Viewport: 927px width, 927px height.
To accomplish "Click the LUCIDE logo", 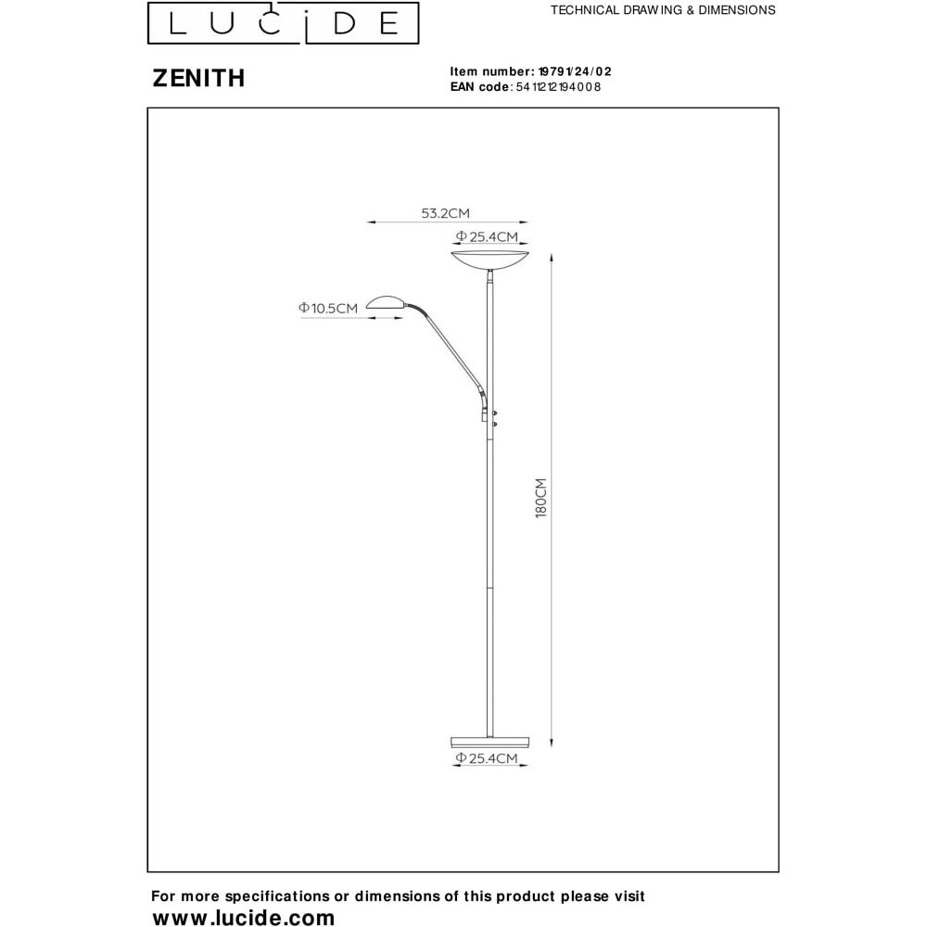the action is pos(283,23).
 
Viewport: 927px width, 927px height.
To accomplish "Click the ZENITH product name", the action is pos(198,78).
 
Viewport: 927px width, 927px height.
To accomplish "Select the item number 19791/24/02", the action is pos(575,71).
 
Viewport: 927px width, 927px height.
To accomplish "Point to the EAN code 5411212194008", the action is pos(559,87).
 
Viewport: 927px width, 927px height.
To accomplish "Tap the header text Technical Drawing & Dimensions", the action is pos(663,10).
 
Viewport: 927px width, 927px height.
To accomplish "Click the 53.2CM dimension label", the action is pos(445,213).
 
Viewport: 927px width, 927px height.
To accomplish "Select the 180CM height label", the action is pos(541,499).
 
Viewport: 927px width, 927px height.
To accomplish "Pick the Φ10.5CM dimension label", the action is pos(328,308).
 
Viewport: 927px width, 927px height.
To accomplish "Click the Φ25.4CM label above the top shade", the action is pos(487,237).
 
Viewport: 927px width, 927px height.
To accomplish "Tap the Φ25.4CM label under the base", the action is pos(487,758).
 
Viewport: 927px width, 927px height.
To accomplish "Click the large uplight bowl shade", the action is pos(490,260).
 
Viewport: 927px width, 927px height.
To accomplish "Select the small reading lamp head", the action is pos(386,303).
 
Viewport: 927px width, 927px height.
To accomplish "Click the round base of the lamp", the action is pos(490,742).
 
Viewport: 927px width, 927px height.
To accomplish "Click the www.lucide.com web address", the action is pos(244,917).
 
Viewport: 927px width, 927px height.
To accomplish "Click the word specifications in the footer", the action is pos(276,896).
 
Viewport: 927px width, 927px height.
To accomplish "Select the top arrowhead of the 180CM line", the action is pos(552,257).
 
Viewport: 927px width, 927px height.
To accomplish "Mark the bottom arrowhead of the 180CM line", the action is pos(552,743).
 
